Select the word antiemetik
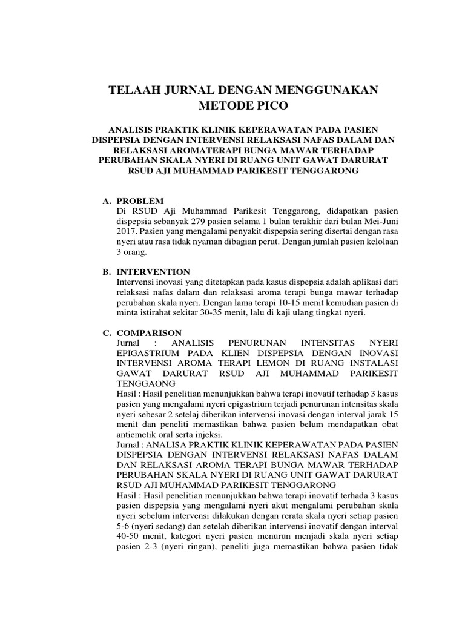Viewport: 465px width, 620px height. pos(136,434)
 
